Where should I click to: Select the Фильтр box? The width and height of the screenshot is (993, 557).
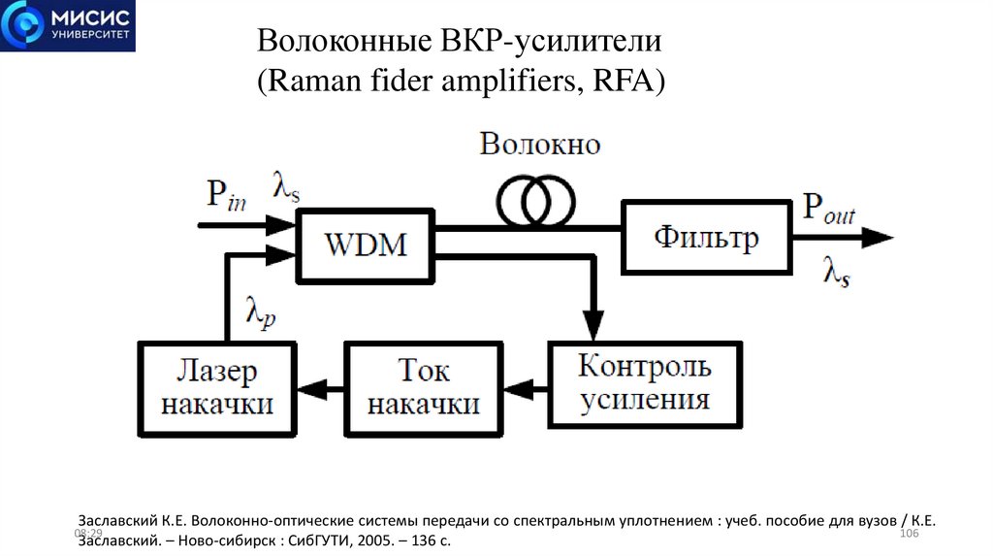point(704,236)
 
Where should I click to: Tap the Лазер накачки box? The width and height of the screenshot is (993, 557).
point(217,387)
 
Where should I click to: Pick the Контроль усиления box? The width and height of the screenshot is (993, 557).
point(644,384)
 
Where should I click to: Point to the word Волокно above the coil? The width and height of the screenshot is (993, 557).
point(540,146)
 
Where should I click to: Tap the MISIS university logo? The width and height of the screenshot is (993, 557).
point(68,26)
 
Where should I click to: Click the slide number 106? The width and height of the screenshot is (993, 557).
point(910,536)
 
